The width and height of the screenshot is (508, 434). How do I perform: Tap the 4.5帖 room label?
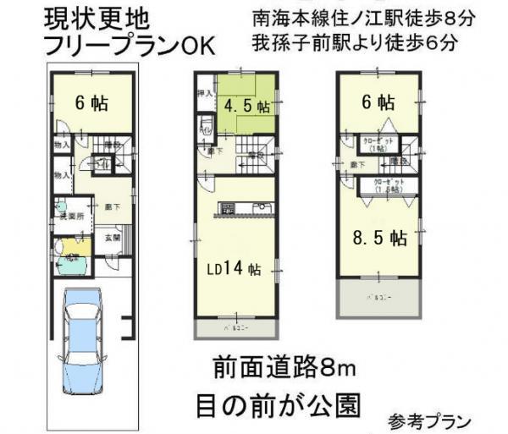[x=247, y=107]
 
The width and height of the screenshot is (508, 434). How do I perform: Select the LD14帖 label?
[x=236, y=268]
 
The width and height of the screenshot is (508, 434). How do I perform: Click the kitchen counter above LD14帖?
[x=246, y=208]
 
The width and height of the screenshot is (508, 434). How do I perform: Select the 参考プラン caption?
[x=430, y=419]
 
